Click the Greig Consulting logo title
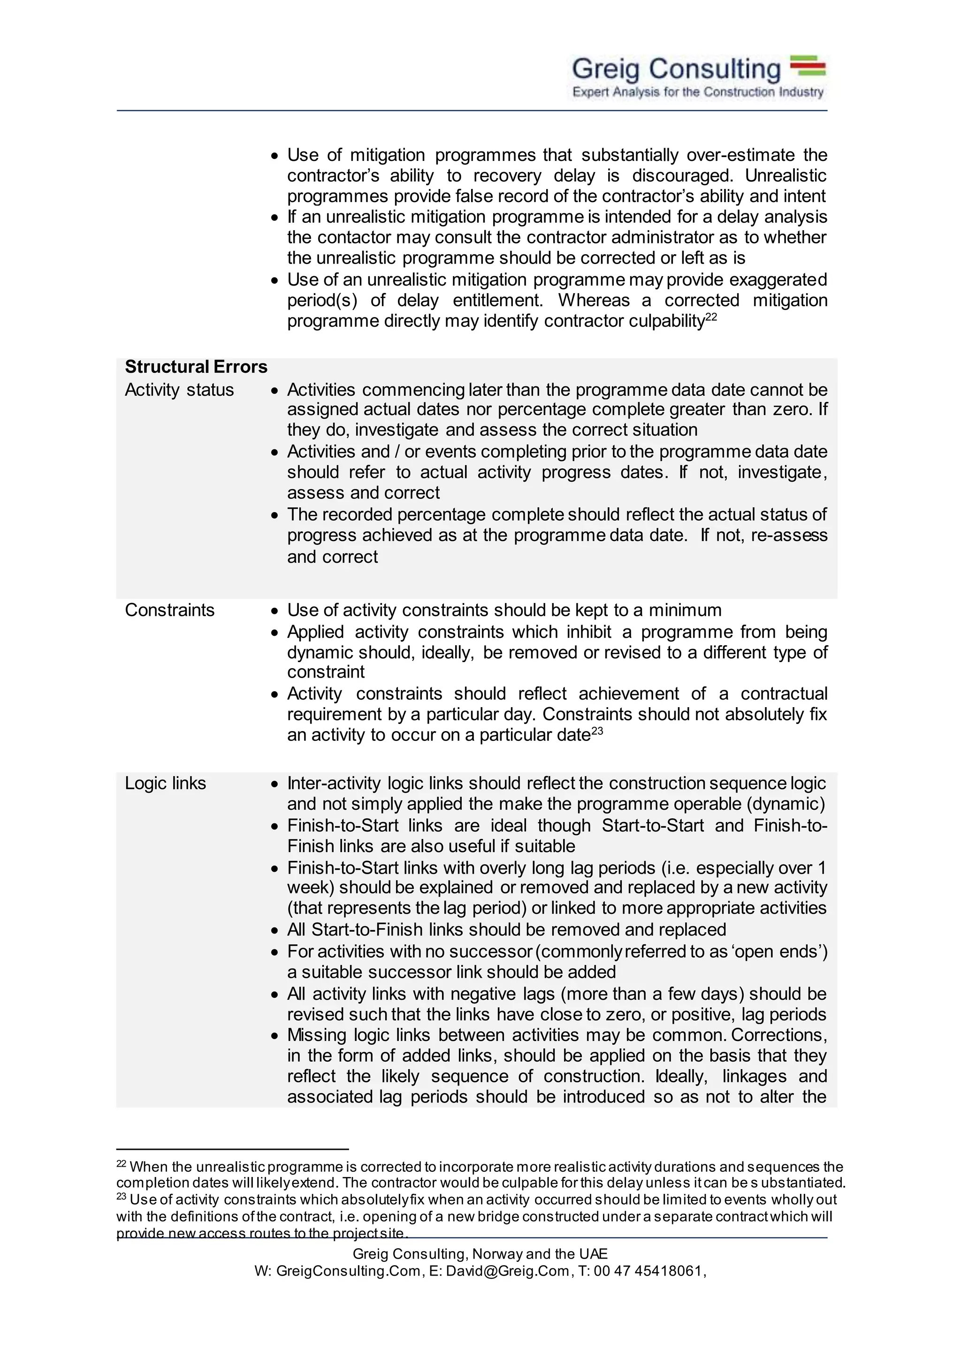pos(676,69)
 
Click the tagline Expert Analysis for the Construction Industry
pos(698,92)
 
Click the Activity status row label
pos(179,390)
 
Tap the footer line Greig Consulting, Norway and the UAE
pos(480,1254)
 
